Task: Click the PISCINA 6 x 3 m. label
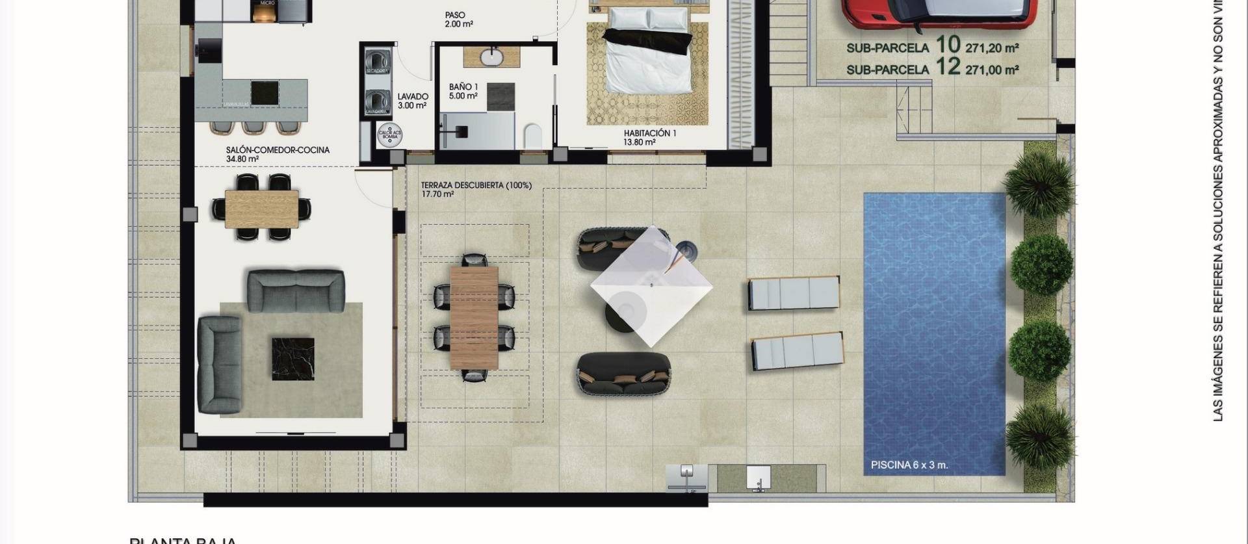coord(909,465)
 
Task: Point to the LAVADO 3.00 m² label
coord(412,101)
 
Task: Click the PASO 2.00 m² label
coord(458,19)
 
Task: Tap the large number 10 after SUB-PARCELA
coord(948,45)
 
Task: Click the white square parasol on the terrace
coord(651,286)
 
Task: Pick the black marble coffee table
coord(292,359)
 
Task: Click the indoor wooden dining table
coord(262,209)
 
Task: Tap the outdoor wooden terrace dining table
coord(474,317)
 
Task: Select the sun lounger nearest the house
coord(793,292)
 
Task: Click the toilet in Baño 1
coord(532,135)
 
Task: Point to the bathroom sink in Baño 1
coord(492,57)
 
